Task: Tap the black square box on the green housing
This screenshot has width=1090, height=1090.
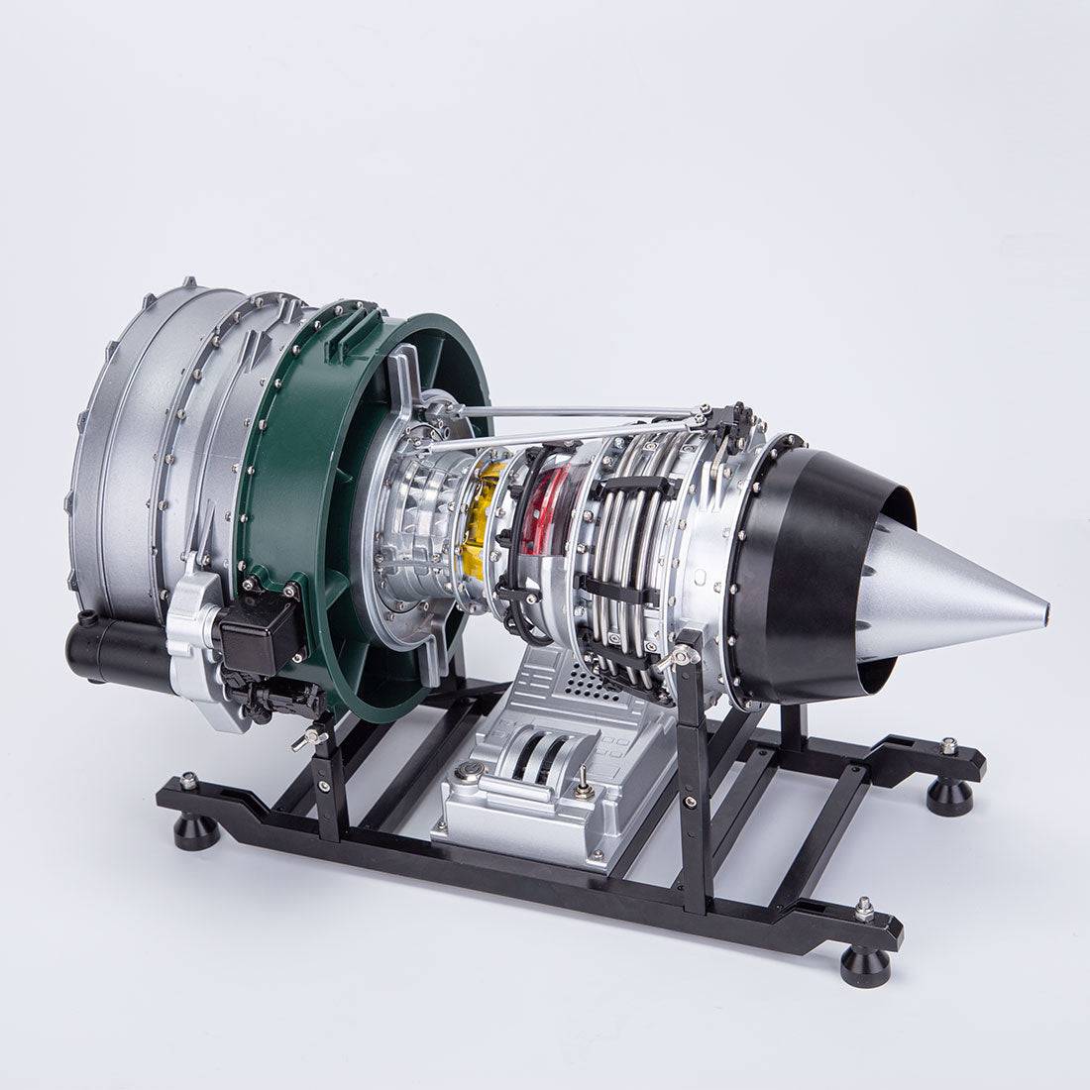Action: (x=261, y=632)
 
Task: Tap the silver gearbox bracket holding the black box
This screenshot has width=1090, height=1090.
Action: (x=193, y=634)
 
